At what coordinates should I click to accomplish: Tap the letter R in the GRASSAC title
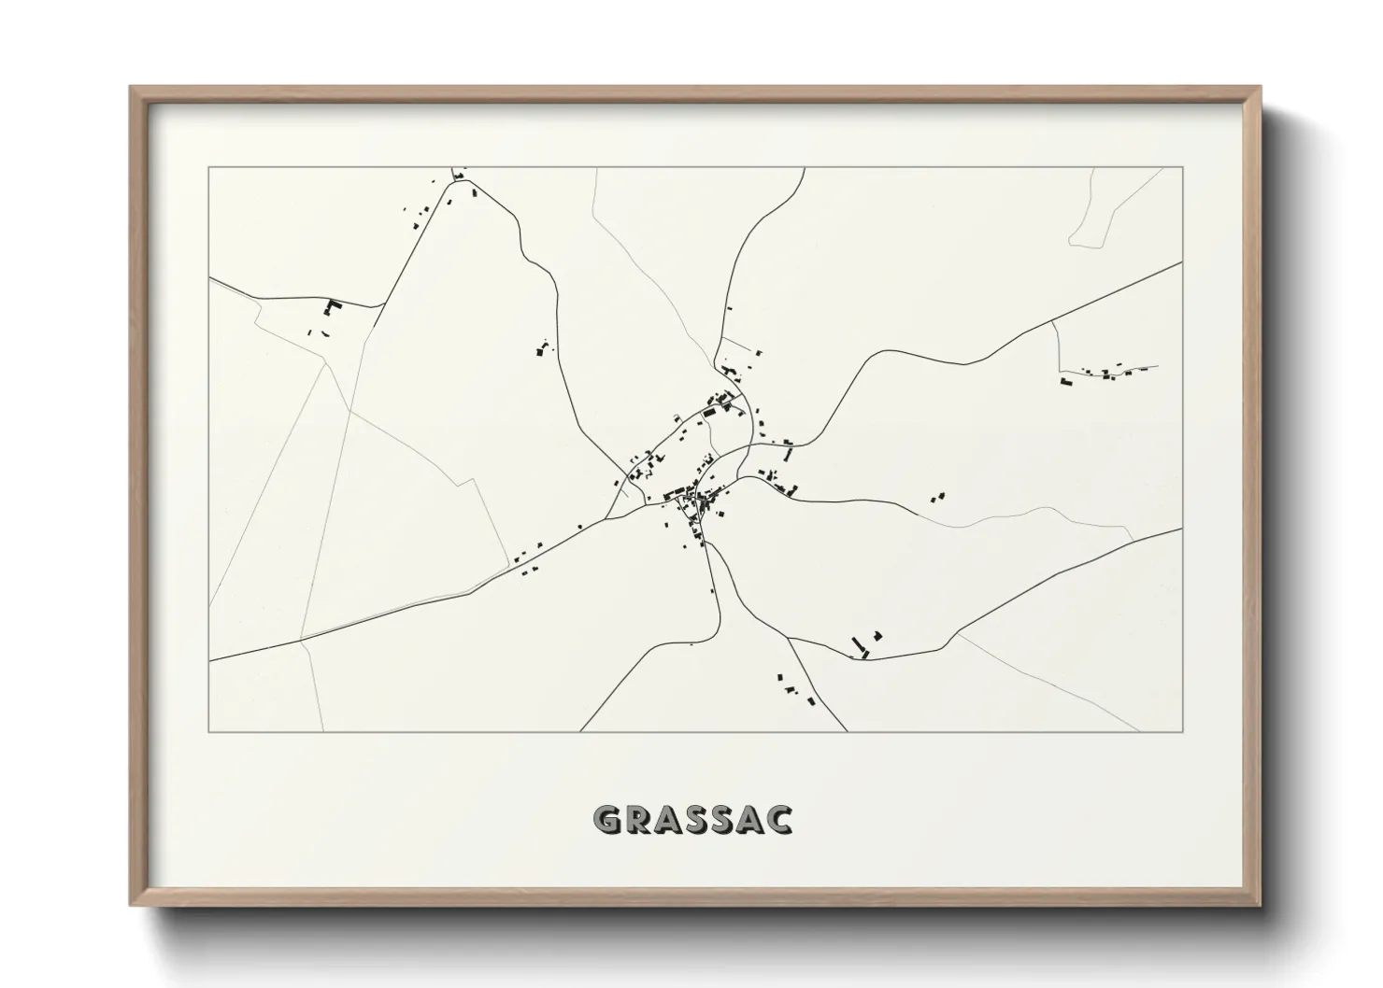635,819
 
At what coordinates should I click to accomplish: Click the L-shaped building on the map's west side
330,306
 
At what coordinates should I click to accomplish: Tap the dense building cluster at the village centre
696,501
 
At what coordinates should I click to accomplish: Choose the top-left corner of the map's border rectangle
209,168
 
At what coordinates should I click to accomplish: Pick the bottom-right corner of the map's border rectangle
1183,731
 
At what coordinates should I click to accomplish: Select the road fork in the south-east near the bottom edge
789,638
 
